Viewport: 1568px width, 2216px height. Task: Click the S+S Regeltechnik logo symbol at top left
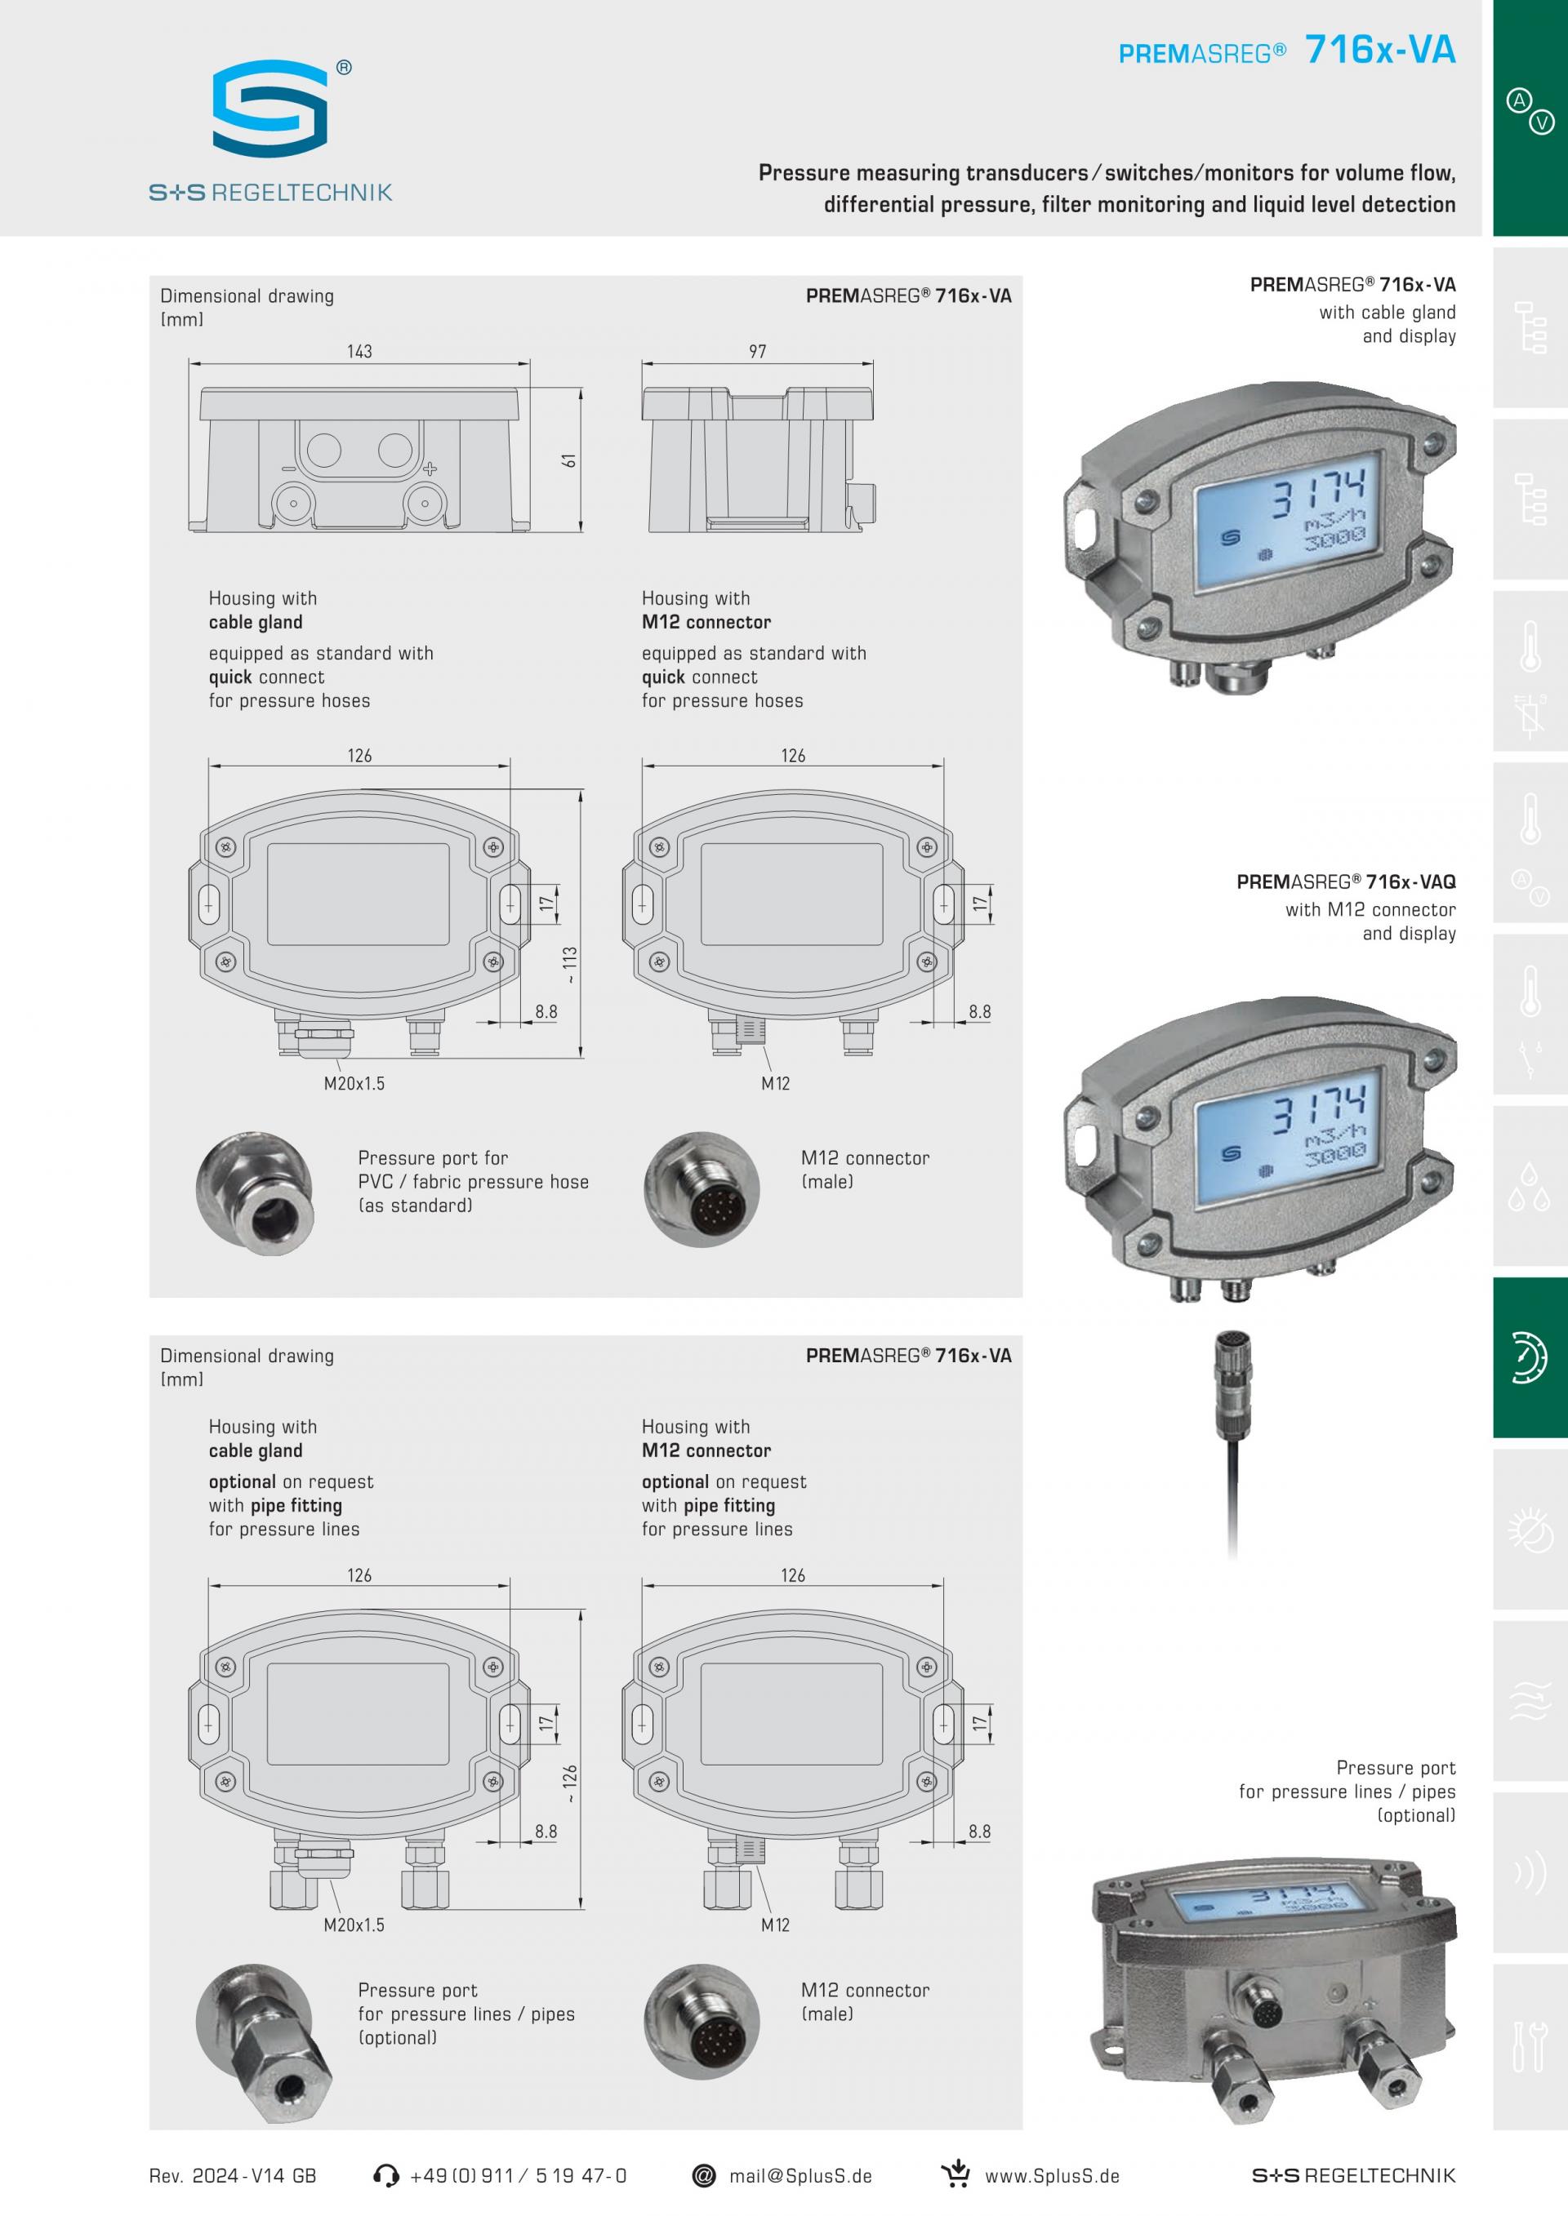[x=270, y=108]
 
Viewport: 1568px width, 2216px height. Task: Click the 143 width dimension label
[x=359, y=351]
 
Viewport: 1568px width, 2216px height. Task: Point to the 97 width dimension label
[x=757, y=351]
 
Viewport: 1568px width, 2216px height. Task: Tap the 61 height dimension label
[x=570, y=461]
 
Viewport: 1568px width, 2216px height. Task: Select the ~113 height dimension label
[x=570, y=964]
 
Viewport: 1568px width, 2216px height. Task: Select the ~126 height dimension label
[x=570, y=1783]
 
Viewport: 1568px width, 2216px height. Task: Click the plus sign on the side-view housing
[x=430, y=469]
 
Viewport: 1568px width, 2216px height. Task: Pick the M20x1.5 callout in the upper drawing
[x=354, y=1083]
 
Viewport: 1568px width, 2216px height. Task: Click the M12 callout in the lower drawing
[x=774, y=1925]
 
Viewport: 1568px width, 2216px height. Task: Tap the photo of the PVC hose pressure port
[x=254, y=1189]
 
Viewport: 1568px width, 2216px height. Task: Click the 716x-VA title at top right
[x=1379, y=50]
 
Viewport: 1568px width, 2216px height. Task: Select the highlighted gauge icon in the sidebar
[x=1530, y=1357]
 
